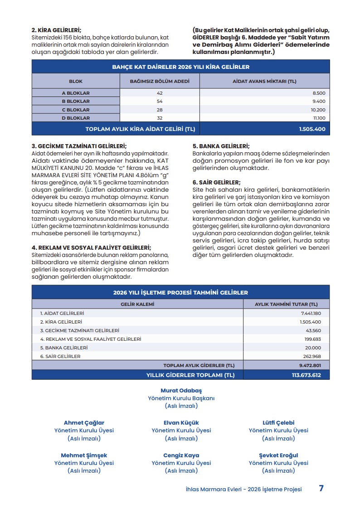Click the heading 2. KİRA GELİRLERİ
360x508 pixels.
[x=57, y=30]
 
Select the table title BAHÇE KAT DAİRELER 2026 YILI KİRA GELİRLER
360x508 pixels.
[x=180, y=67]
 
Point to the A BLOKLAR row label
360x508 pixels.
[x=76, y=93]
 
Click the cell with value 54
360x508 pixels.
[x=159, y=101]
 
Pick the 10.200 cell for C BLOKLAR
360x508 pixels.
[x=318, y=110]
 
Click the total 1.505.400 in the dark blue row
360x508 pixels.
[x=312, y=129]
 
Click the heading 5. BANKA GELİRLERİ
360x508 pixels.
[x=221, y=146]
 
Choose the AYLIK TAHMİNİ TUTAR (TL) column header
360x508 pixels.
[x=286, y=304]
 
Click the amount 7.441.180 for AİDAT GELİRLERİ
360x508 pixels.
[x=311, y=313]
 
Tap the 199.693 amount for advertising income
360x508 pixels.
[x=312, y=339]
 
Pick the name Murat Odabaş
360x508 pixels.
[x=181, y=390]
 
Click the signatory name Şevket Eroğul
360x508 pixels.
[x=278, y=455]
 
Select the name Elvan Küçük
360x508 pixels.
[x=181, y=422]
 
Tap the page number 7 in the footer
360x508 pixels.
[x=321, y=489]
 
